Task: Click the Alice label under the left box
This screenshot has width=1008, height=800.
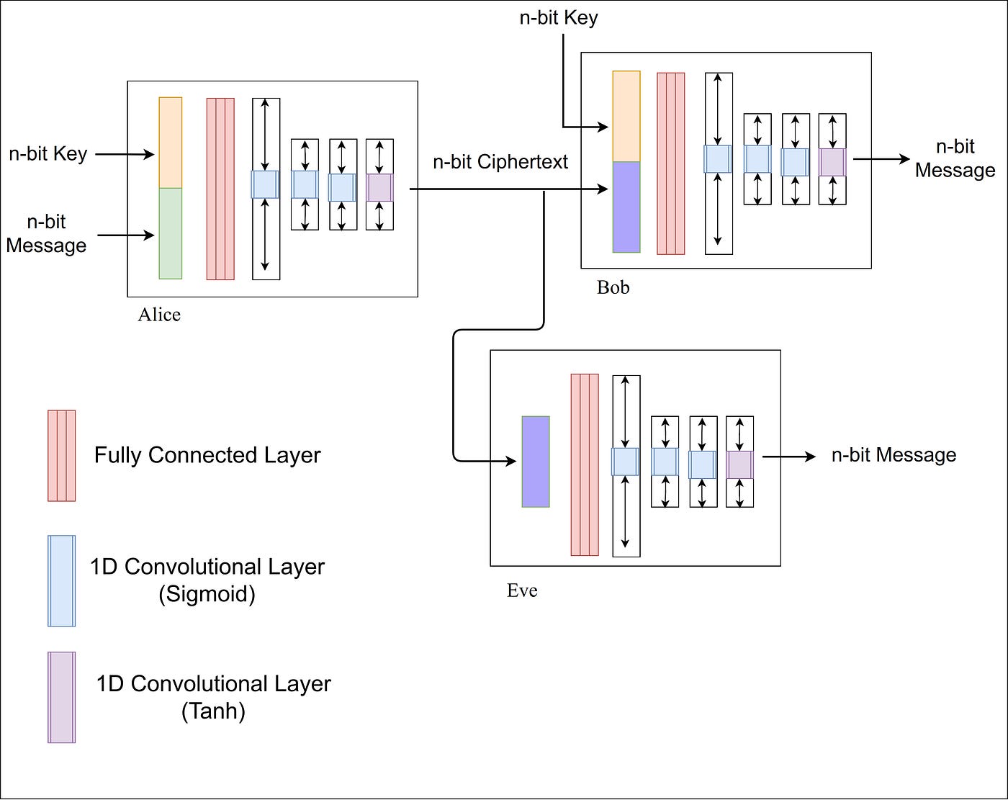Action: click(159, 315)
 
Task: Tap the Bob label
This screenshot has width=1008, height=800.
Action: click(613, 287)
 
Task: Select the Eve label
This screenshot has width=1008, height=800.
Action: click(522, 590)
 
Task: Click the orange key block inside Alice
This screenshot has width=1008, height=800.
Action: click(171, 143)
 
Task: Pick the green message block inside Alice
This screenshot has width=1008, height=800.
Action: click(171, 234)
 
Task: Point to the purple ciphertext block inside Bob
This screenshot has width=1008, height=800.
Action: click(626, 207)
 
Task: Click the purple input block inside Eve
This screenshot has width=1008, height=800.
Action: click(536, 462)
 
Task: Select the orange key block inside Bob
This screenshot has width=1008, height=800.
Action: click(626, 116)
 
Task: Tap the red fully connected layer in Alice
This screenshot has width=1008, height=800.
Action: click(220, 189)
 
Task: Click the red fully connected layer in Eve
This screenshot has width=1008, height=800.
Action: click(585, 464)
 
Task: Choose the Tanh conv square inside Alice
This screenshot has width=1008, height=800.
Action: click(379, 187)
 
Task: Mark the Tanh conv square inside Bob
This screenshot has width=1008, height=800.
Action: click(832, 162)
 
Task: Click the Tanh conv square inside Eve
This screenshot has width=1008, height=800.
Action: click(739, 464)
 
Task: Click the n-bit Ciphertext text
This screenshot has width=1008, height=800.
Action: click(500, 162)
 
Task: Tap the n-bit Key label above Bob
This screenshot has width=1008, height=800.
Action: click(559, 18)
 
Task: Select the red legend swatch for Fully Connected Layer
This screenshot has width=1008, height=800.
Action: click(61, 456)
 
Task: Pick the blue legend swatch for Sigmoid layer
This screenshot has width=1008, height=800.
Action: click(61, 581)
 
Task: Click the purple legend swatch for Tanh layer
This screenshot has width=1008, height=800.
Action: click(61, 698)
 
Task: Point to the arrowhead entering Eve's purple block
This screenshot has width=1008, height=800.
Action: click(511, 462)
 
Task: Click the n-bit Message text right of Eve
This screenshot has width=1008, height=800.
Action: click(894, 455)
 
